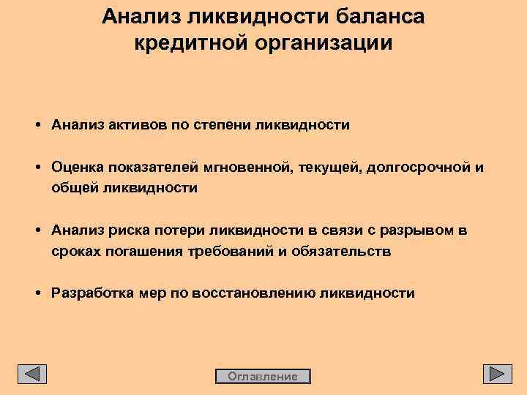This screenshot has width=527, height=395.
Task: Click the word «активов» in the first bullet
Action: [138, 125]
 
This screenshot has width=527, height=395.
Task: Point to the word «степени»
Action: [223, 125]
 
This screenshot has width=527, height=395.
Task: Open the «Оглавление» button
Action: [263, 377]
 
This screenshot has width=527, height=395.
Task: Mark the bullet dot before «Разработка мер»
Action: [37, 293]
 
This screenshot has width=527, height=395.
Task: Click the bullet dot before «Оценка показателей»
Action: [37, 168]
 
